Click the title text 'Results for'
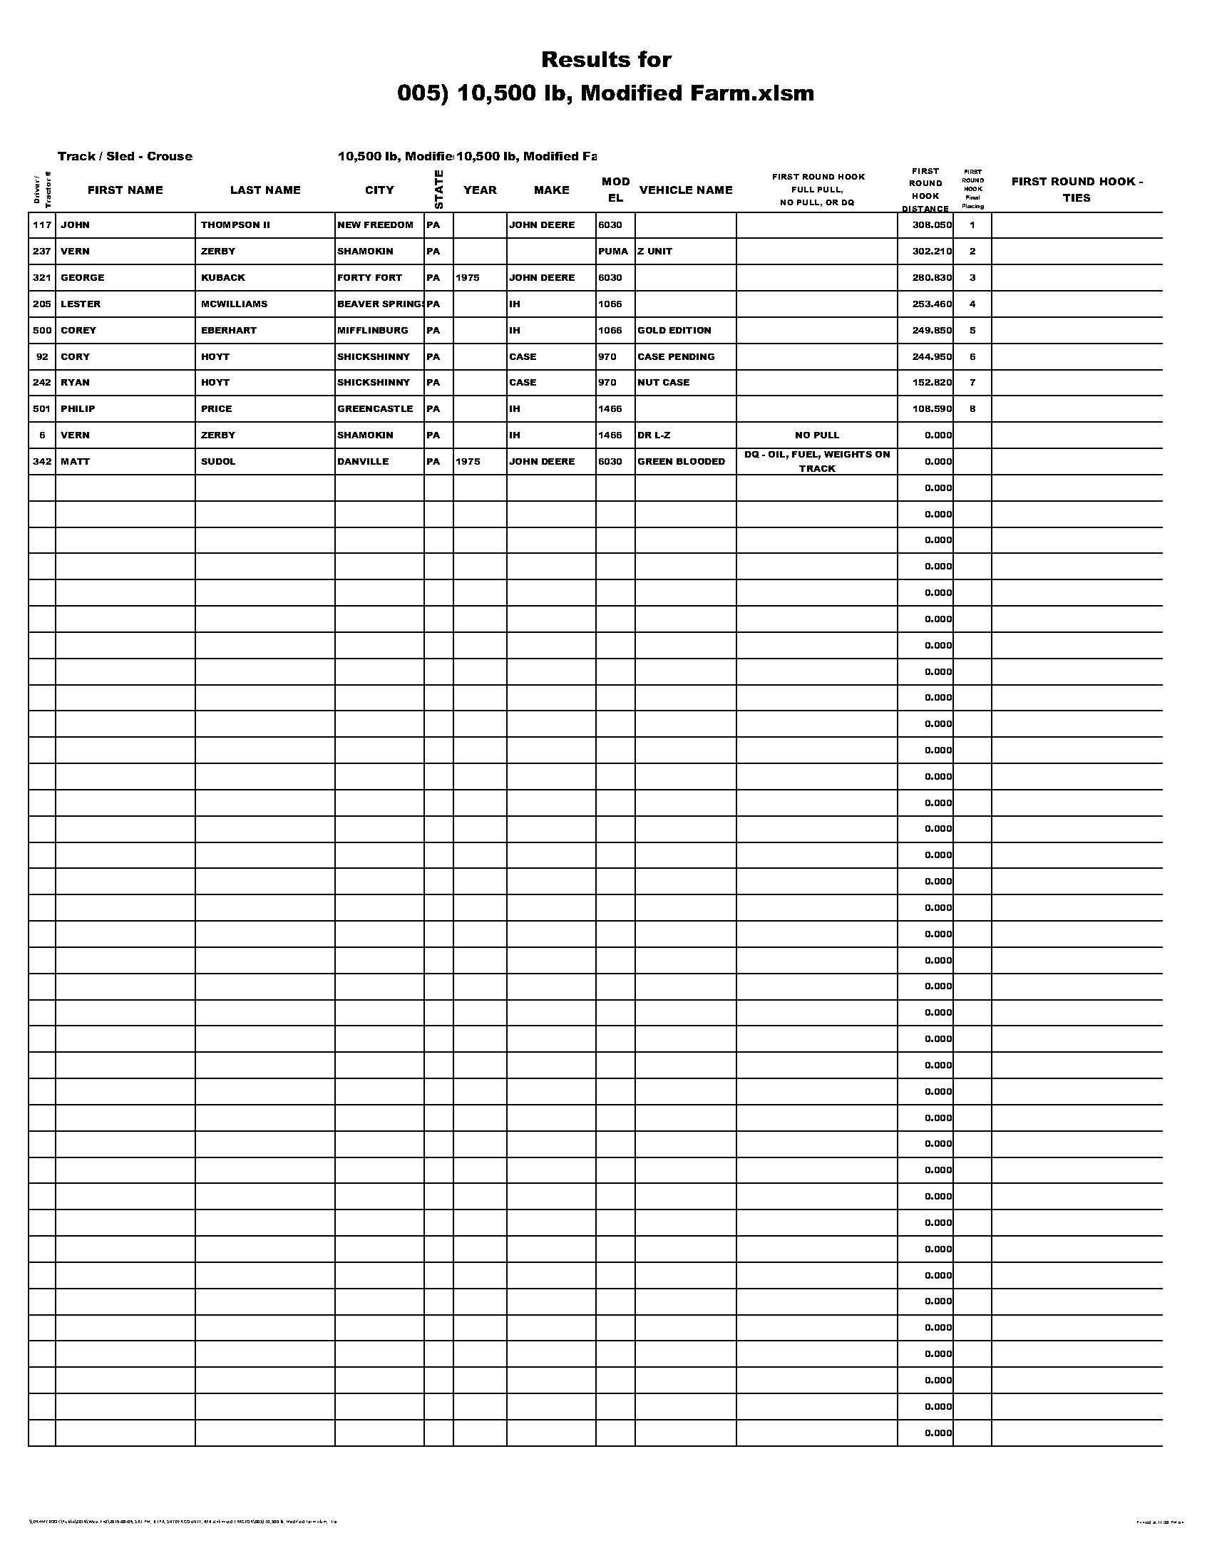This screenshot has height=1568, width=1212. point(606,60)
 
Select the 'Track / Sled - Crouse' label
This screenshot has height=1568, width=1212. point(125,157)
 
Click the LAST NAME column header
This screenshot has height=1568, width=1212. point(265,190)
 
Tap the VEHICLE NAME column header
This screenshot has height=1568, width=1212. point(686,190)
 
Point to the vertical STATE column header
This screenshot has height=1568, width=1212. point(438,190)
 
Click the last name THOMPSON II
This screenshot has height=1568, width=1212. point(235,225)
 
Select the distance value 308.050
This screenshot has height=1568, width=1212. point(932,225)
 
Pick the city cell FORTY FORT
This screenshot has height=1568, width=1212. point(370,278)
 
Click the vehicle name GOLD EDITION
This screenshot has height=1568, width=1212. point(674,330)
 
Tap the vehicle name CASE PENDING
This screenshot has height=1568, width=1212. point(677,357)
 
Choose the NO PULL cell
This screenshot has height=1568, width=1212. point(817,435)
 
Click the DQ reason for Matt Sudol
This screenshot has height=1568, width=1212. point(817,461)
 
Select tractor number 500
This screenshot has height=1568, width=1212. point(42,330)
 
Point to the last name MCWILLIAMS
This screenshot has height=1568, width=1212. point(234,304)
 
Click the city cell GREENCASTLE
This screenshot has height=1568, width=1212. point(375,409)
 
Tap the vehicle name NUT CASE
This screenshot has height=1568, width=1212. point(664,383)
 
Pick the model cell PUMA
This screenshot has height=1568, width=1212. point(613,252)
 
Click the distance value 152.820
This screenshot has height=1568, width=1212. point(932,383)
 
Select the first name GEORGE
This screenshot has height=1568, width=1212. point(83,278)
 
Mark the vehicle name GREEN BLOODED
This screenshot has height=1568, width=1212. point(682,462)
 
